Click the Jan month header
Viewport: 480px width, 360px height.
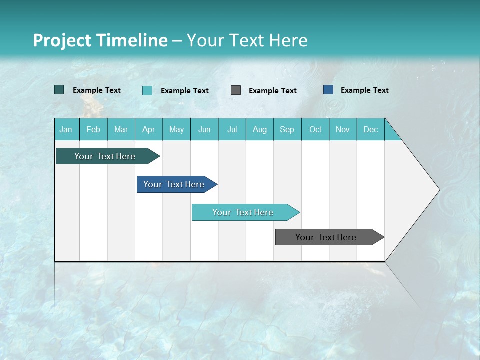pos(66,130)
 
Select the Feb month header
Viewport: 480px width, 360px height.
pos(93,130)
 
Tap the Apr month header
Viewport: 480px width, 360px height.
pos(148,130)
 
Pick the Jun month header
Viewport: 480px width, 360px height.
pos(204,130)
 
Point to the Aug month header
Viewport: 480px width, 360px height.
pos(259,130)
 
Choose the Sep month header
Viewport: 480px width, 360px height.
pos(287,130)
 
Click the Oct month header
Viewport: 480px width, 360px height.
pos(315,130)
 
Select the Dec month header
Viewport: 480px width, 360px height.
pos(370,130)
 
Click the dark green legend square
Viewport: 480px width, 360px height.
pos(59,90)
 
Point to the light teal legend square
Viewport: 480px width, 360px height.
pos(147,90)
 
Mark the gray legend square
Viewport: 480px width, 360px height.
pos(236,90)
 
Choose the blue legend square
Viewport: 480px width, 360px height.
pos(328,90)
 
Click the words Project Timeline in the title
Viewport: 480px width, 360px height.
pos(100,40)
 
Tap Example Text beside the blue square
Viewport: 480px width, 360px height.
pos(364,90)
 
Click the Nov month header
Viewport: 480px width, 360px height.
pos(343,130)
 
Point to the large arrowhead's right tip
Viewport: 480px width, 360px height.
pos(439,190)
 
